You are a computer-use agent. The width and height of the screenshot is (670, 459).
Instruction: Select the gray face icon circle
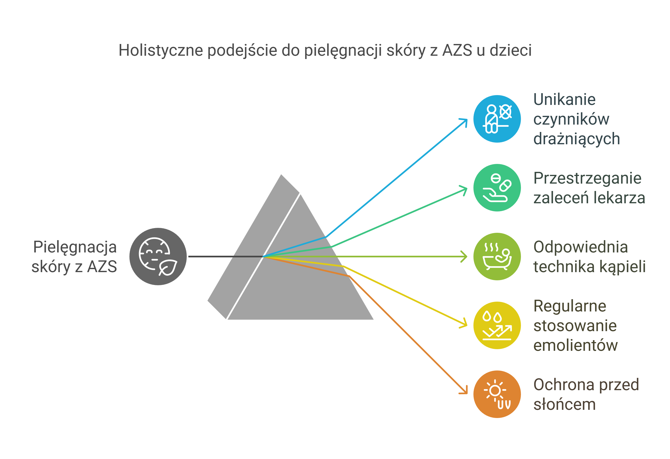coord(158,257)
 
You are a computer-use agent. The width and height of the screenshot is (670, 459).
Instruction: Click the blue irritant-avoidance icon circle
coord(497,119)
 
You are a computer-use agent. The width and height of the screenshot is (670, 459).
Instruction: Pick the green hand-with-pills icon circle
coord(497,188)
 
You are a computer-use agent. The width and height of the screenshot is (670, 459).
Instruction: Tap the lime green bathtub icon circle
coord(497,257)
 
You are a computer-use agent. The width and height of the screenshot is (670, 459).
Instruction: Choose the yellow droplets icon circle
coord(497,325)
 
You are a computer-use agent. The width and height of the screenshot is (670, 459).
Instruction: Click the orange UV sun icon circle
coord(497,394)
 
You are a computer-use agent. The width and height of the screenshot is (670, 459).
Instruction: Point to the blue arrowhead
coord(464,122)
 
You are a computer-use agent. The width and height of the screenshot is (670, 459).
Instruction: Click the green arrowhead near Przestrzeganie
coord(464,190)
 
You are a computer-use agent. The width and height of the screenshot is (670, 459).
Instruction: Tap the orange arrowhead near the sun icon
coord(464,390)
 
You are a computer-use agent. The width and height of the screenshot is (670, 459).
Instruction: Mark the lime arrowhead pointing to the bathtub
coord(464,257)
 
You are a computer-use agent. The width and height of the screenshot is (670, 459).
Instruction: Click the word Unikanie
coord(564,99)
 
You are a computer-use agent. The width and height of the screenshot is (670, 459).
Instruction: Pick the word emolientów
coord(576,345)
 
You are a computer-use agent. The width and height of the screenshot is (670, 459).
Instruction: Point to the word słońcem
coord(564,404)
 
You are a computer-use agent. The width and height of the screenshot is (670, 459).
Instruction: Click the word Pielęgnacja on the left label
coord(75,248)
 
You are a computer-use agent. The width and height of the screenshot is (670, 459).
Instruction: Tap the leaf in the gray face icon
coord(168,267)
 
